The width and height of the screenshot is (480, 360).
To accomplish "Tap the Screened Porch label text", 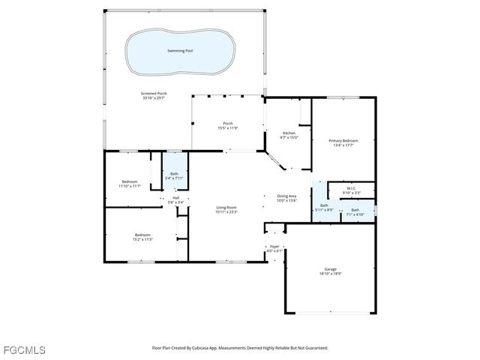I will (x=153, y=93).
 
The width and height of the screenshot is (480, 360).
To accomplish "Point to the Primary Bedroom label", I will (x=343, y=140).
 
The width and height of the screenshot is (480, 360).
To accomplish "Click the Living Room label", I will (x=226, y=208).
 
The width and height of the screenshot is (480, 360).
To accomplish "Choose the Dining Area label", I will (x=287, y=196).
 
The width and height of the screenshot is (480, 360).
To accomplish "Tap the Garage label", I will (x=330, y=268).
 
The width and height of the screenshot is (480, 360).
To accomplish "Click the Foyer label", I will (x=274, y=246).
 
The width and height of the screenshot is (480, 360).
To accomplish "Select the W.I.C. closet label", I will (x=351, y=188).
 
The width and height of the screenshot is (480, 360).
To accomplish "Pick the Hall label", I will (x=175, y=198).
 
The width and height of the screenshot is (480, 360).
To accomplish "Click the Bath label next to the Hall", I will (x=174, y=174).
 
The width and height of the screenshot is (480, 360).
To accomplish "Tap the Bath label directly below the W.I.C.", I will (x=355, y=210).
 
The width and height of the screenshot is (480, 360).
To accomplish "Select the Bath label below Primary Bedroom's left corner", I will (x=324, y=205).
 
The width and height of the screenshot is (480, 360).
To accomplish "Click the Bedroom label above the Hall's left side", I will (x=130, y=181).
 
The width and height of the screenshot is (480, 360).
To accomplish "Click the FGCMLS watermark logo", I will (x=24, y=349).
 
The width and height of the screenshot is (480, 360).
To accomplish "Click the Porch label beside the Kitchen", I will (x=227, y=124).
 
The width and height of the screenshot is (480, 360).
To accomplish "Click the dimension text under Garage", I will (x=330, y=274).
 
